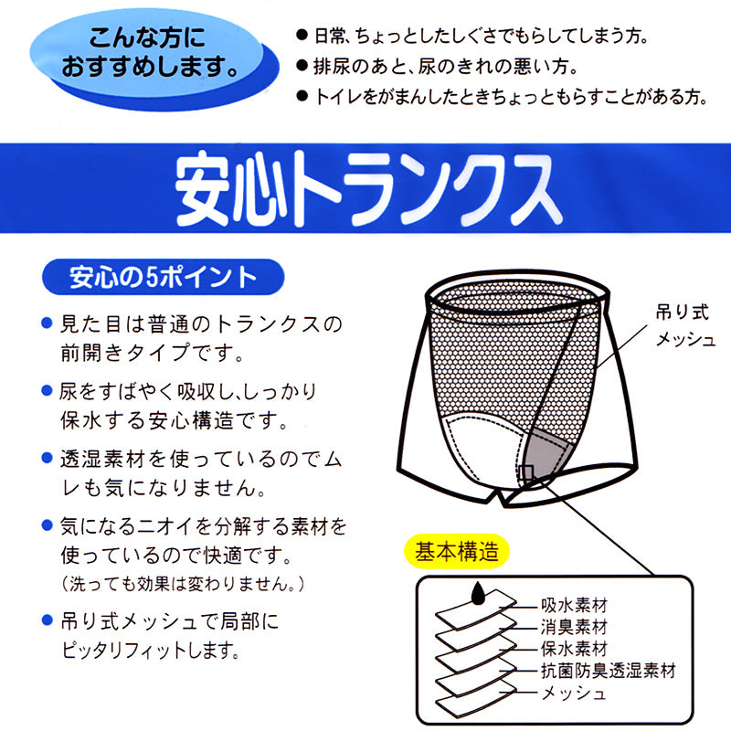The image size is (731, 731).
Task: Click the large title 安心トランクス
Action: point(368,189)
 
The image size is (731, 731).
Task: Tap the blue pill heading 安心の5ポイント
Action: point(164,277)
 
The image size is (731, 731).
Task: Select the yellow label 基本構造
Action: point(456,551)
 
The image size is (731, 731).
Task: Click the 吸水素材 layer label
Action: point(574,605)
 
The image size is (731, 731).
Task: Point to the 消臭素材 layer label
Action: point(574,627)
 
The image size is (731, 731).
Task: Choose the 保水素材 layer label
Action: point(574,649)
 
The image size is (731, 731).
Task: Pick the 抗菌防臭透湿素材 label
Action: point(609,671)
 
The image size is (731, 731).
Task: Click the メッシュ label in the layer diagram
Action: point(574,694)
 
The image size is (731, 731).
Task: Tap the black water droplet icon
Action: point(477,592)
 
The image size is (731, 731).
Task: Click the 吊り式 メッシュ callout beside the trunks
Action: point(684,325)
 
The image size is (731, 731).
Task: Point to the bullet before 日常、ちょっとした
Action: point(302,35)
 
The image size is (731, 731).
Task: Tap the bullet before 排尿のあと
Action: point(302,66)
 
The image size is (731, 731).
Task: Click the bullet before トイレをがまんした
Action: point(302,97)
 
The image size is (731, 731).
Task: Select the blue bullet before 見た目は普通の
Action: point(47,323)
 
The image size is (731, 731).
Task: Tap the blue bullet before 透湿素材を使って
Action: point(47,458)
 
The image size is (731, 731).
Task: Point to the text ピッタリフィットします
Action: point(151,650)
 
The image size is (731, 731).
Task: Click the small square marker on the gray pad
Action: point(527,471)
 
